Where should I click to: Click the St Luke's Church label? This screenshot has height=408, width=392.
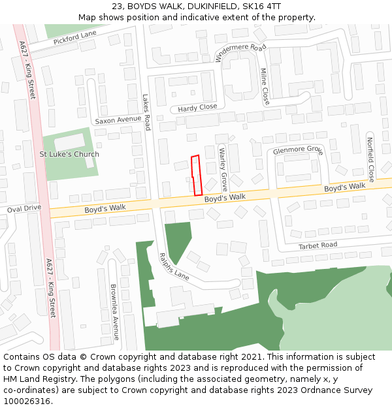tap(69, 155)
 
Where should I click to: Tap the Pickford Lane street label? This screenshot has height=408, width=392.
tap(74, 37)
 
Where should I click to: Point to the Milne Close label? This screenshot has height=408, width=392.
tap(265, 87)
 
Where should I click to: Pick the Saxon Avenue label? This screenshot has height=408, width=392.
tap(118, 120)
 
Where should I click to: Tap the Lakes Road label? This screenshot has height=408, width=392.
tap(147, 112)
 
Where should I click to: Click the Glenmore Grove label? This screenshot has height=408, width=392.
tap(298, 150)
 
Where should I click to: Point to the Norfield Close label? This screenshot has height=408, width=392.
tap(370, 160)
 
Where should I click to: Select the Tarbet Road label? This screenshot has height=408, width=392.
tap(318, 245)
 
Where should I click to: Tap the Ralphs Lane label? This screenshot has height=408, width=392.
tap(174, 267)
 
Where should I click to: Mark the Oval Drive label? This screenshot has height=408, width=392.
tap(24, 208)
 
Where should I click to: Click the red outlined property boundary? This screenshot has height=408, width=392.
tap(196, 175)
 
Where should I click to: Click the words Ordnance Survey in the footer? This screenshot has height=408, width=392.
tap(341, 390)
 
